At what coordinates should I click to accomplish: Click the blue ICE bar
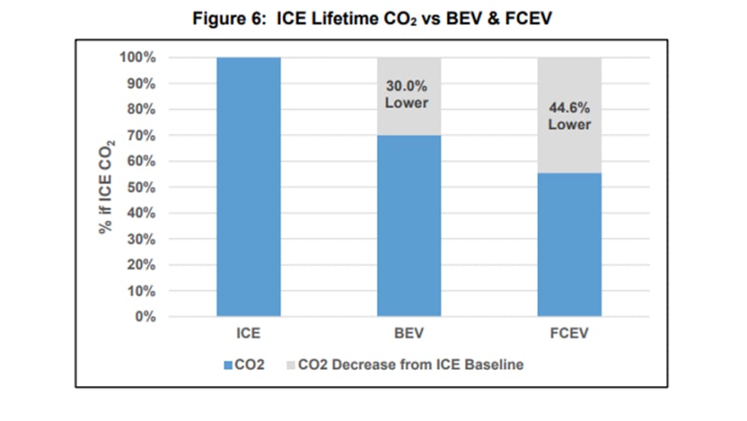click(x=248, y=187)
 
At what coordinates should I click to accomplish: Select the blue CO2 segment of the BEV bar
click(x=409, y=226)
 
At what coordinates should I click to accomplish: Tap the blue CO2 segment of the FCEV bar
click(x=569, y=244)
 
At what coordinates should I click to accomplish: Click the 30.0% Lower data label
click(x=406, y=95)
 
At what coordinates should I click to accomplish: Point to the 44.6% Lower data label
click(x=569, y=116)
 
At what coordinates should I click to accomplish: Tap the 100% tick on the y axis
click(x=138, y=58)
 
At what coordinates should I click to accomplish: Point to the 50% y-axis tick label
click(x=141, y=188)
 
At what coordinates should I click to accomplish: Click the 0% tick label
click(x=144, y=317)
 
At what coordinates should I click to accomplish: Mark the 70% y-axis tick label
click(x=141, y=136)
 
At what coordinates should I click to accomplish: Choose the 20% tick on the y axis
click(x=141, y=265)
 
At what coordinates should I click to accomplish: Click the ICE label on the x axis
click(x=248, y=334)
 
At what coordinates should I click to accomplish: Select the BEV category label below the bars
click(x=409, y=334)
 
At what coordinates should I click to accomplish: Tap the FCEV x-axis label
click(x=569, y=334)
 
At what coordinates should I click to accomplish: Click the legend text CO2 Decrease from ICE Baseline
click(x=410, y=365)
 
